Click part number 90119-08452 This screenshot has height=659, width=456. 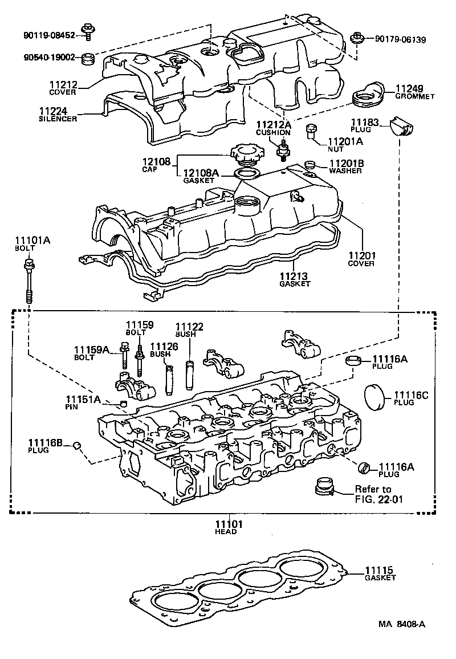(x=49, y=35)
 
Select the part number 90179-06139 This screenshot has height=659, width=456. (x=400, y=39)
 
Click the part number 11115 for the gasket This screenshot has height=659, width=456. (x=380, y=570)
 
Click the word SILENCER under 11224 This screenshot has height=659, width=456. (x=58, y=119)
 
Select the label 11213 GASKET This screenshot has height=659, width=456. (x=294, y=279)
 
